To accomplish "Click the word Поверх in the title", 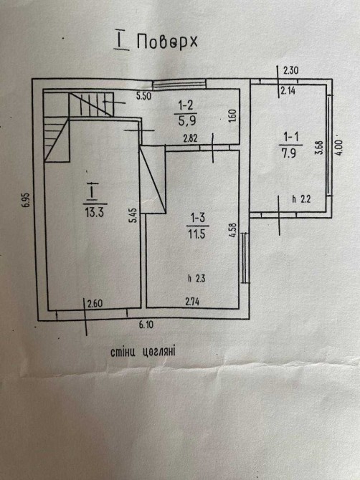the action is pyautogui.click(x=166, y=42).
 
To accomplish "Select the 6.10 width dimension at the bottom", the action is pyautogui.click(x=146, y=325).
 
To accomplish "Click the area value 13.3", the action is pyautogui.click(x=95, y=212).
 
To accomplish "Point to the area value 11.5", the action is pyautogui.click(x=197, y=234).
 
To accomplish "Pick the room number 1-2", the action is pyautogui.click(x=186, y=105).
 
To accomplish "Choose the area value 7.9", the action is pyautogui.click(x=289, y=153).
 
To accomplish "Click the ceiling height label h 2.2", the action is pyautogui.click(x=301, y=199).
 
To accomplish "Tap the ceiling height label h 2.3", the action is pyautogui.click(x=196, y=278).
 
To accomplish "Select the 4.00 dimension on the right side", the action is pyautogui.click(x=339, y=148).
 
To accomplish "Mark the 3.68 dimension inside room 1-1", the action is pyautogui.click(x=319, y=148).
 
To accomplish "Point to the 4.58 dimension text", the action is pyautogui.click(x=234, y=230).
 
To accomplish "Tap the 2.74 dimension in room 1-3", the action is pyautogui.click(x=192, y=302).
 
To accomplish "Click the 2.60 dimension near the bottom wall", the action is pyautogui.click(x=95, y=304).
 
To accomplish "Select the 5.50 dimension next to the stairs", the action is pyautogui.click(x=143, y=96).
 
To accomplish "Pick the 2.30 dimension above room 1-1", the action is pyautogui.click(x=290, y=70).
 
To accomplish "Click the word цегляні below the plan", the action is pyautogui.click(x=158, y=352).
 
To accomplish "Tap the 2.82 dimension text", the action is pyautogui.click(x=190, y=139).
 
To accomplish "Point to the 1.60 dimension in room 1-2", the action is pyautogui.click(x=232, y=116).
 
